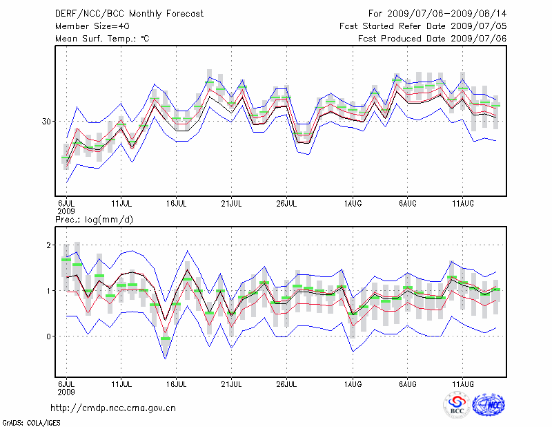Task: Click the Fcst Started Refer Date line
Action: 423,26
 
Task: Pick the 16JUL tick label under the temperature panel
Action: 177,203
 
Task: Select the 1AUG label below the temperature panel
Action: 353,203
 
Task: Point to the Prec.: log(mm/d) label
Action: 94,220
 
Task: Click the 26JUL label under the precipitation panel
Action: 286,383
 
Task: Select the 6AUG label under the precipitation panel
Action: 407,383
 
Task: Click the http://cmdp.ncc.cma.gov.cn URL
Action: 113,408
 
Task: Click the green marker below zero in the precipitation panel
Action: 166,338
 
